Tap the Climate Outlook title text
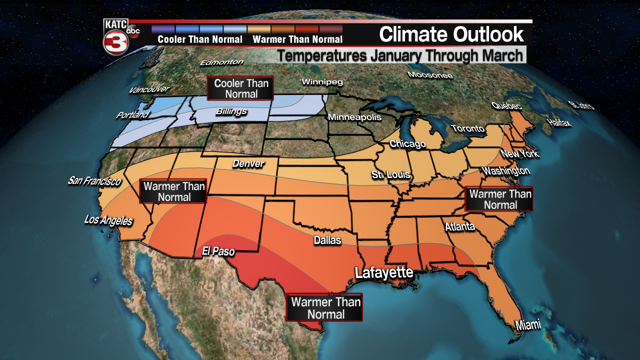[x=451, y=34]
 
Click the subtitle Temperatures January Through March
[x=400, y=55]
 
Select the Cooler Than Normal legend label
[x=200, y=39]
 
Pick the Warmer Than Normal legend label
[x=297, y=39]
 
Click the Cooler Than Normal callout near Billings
[x=241, y=88]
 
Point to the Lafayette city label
[x=384, y=272]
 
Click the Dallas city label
[x=327, y=240]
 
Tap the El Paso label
[x=218, y=252]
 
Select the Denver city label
[x=248, y=163]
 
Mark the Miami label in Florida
[x=528, y=325]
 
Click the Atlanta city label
[x=459, y=227]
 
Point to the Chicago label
[x=407, y=144]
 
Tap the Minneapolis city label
[x=354, y=117]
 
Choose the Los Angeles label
[x=108, y=220]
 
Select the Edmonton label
[x=221, y=62]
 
